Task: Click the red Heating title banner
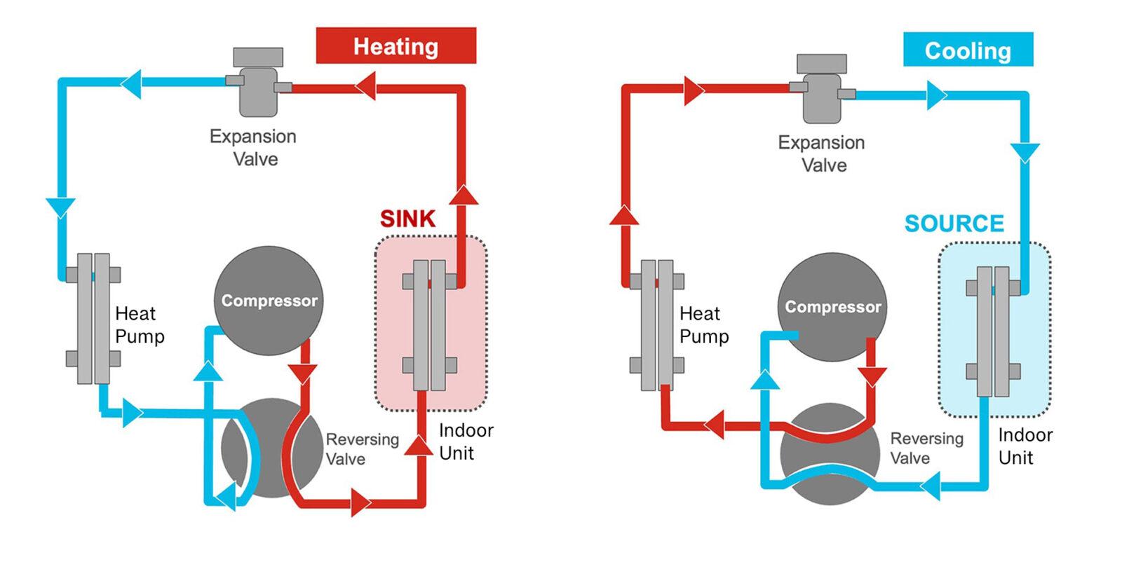[x=396, y=46]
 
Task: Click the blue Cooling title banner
[x=968, y=50]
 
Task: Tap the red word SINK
[x=407, y=219]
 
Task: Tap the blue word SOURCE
[x=954, y=224]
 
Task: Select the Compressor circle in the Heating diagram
[x=269, y=301]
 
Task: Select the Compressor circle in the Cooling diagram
[x=832, y=307]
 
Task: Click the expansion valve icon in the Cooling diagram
[x=822, y=90]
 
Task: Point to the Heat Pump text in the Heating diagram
[x=140, y=324]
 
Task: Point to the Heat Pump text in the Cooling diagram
[x=704, y=324]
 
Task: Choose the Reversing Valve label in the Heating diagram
[x=361, y=449]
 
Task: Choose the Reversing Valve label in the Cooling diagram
[x=926, y=448]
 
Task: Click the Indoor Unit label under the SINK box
[x=466, y=441]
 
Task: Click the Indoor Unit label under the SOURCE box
[x=1025, y=446]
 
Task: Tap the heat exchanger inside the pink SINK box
[x=429, y=324]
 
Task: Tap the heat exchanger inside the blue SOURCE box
[x=993, y=331]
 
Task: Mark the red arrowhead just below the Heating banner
[x=365, y=88]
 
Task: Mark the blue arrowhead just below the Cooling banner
[x=937, y=95]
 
